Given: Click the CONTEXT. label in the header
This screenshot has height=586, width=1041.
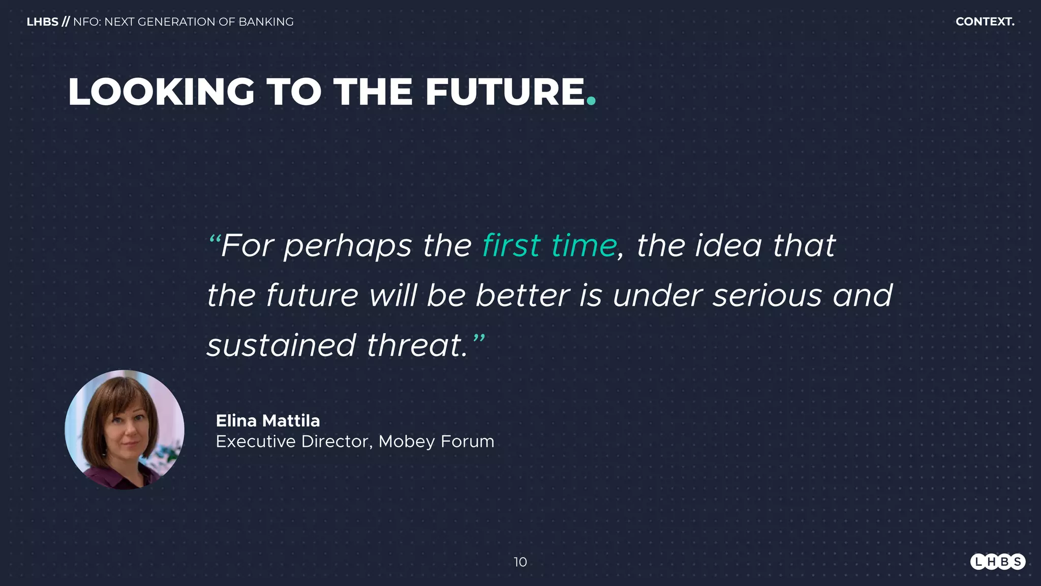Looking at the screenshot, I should tap(985, 22).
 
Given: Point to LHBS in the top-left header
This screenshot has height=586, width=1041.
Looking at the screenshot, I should tap(42, 22).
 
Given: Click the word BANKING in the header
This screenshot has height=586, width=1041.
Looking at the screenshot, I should tap(266, 22).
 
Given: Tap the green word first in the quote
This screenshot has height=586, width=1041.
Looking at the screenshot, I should tap(511, 246).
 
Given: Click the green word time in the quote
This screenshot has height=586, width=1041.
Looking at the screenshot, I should tap(584, 246).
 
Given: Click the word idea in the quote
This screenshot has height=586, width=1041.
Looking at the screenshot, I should tap(728, 246).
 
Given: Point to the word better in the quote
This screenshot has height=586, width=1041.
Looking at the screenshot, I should tap(522, 296).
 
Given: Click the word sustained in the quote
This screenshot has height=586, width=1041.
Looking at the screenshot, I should tap(281, 345).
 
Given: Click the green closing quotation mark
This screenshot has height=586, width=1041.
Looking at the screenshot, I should tap(479, 338).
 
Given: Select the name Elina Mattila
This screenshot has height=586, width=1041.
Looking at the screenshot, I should tap(268, 421).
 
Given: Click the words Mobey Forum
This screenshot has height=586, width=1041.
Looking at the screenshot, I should tap(436, 442).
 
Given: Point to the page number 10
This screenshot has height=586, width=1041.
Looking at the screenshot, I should tap(520, 562).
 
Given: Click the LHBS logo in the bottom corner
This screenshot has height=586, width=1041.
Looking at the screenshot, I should tap(997, 562).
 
